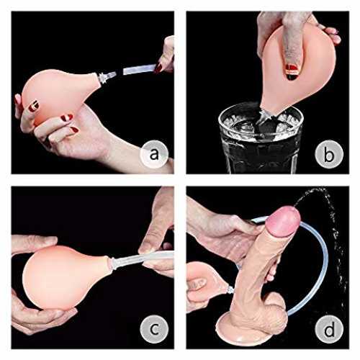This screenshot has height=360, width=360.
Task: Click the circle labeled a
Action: [154, 154]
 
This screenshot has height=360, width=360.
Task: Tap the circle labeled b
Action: [329, 154]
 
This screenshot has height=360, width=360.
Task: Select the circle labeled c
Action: [154, 329]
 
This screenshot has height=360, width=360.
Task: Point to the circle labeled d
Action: [329, 329]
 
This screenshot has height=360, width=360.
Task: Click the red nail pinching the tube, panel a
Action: [158, 68]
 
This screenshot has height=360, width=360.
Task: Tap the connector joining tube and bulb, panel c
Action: [114, 263]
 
